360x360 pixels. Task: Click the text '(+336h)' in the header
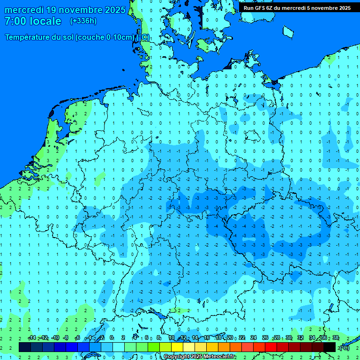coord(83,21)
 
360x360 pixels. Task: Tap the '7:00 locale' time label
coord(33,21)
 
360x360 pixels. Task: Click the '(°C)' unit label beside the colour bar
coord(345,347)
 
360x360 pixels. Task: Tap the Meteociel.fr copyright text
coord(199,357)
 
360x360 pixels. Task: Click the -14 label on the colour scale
coord(32,338)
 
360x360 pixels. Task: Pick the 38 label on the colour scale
coord(336,338)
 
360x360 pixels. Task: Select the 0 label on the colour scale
coord(112,338)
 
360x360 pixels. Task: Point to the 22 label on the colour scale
coord(242,338)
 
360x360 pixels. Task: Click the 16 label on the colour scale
coord(207,338)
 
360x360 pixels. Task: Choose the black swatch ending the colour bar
coord(330,347)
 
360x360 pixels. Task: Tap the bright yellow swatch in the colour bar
coord(177,347)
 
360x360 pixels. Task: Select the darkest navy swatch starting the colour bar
coord(25,347)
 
